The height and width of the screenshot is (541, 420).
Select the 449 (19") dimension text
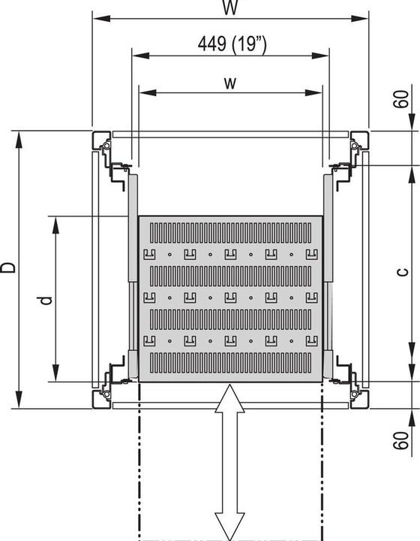(x=231, y=44)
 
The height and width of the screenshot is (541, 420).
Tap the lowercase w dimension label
(x=230, y=82)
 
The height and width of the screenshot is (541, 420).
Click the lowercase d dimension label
(x=46, y=299)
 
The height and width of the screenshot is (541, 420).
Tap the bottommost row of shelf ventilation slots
(x=230, y=364)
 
